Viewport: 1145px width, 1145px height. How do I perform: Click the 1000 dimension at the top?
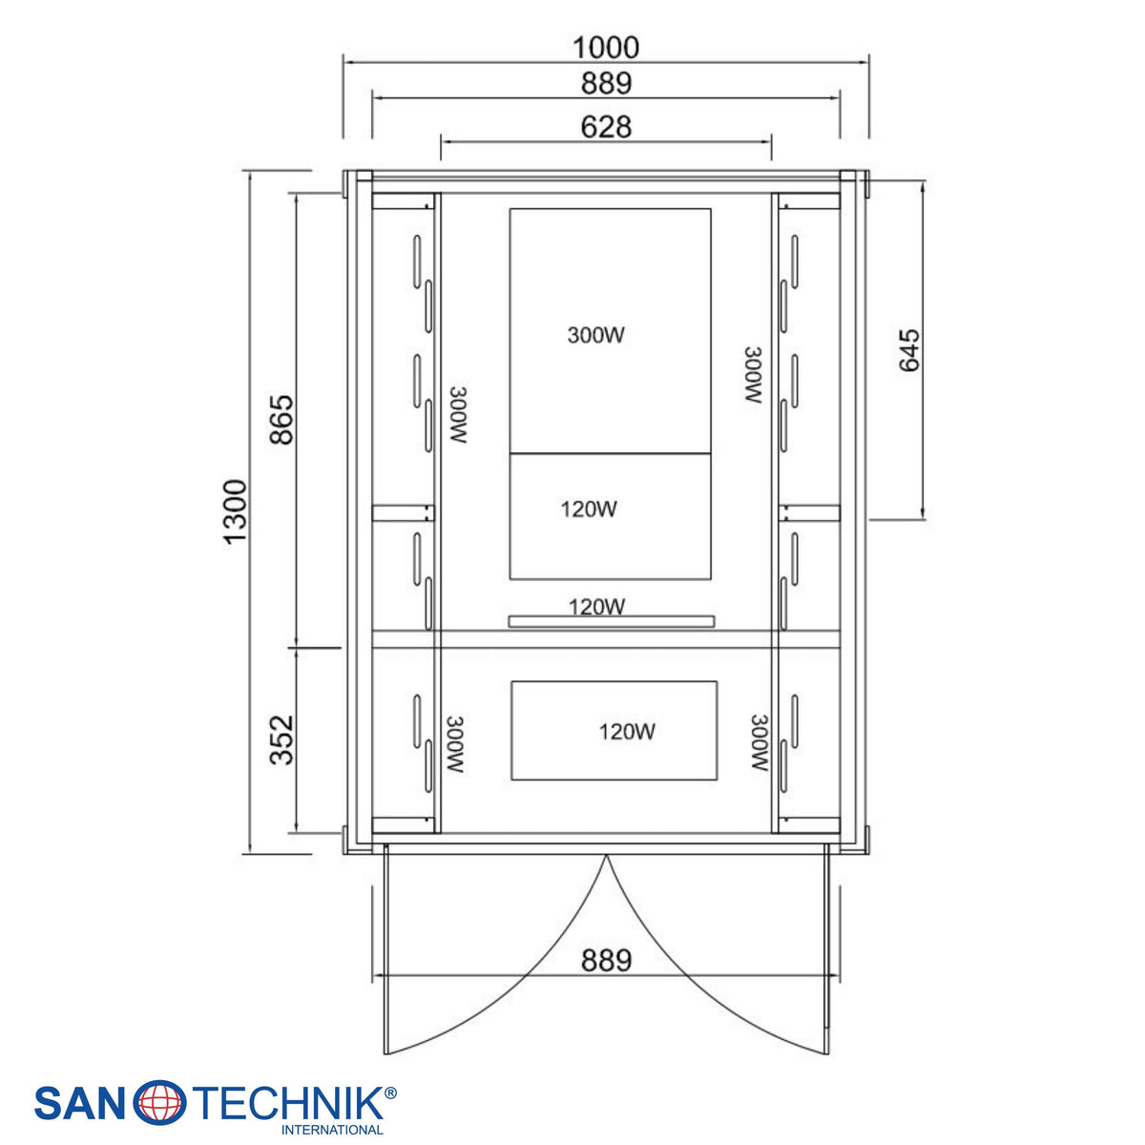click(x=606, y=48)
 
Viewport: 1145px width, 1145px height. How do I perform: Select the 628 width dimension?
click(x=606, y=127)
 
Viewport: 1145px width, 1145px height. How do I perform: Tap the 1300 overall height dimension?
click(x=236, y=511)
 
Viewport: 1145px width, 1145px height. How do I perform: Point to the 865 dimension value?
click(x=281, y=420)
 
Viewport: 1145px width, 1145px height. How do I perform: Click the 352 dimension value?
click(x=281, y=739)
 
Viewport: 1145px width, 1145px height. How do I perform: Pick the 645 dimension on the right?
click(x=909, y=350)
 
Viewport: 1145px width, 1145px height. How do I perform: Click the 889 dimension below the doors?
click(x=606, y=960)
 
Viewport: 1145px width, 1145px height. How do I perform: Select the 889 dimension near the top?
click(x=606, y=83)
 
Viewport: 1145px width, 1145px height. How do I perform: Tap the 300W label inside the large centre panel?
click(x=595, y=335)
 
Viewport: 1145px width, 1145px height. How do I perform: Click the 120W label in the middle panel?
click(x=589, y=510)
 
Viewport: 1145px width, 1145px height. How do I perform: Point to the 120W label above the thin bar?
click(x=596, y=607)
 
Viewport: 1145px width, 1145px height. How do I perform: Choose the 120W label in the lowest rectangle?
click(x=626, y=732)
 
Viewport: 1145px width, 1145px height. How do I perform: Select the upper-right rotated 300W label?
click(x=754, y=376)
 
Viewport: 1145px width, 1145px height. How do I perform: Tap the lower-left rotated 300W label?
click(x=455, y=744)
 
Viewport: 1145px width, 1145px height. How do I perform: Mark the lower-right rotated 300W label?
click(x=760, y=742)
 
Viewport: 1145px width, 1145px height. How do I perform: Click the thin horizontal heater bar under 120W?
click(x=612, y=621)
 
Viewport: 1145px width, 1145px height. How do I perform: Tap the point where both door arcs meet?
click(x=606, y=855)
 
